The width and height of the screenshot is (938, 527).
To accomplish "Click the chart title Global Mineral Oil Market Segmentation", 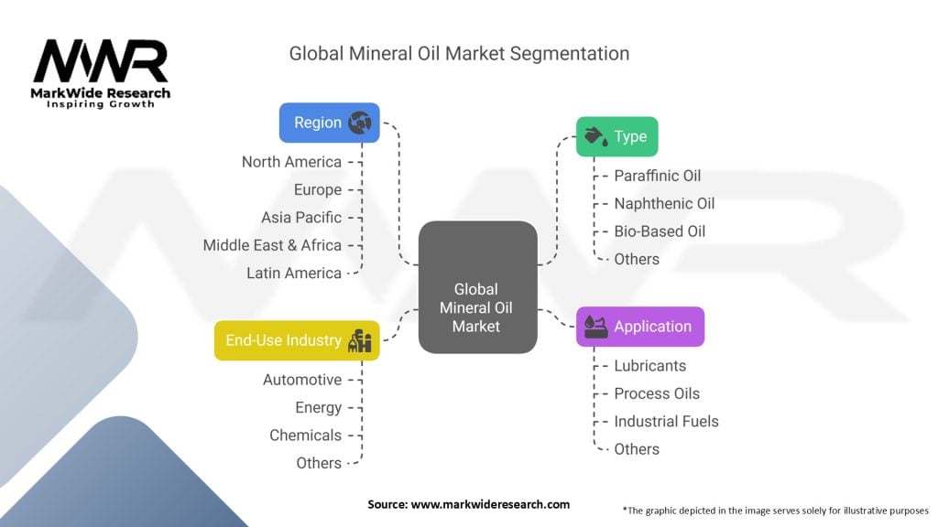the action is (x=459, y=53).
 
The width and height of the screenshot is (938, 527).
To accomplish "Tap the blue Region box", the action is (x=329, y=123).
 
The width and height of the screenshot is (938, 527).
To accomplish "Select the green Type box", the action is (x=616, y=136).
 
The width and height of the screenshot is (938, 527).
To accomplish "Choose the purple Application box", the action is (x=639, y=327).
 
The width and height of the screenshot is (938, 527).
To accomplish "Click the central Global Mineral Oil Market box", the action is (x=476, y=287).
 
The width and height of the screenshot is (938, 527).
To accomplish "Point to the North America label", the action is (x=291, y=162).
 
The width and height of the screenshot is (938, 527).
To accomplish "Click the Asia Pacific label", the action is (x=300, y=218).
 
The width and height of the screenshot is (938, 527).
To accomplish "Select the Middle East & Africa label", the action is (x=272, y=245).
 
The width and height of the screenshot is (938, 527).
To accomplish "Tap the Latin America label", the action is (x=293, y=273).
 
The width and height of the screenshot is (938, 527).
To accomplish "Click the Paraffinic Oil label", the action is (x=657, y=176).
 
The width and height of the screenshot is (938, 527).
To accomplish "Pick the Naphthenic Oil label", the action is (x=664, y=203).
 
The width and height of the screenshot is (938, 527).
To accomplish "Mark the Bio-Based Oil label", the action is (x=660, y=231).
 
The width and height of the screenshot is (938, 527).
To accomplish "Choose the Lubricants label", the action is (x=649, y=366).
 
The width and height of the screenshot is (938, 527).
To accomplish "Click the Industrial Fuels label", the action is (x=666, y=422).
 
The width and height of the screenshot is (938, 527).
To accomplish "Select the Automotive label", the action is (x=301, y=380).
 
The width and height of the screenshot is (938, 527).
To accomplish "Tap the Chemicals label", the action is (x=305, y=436).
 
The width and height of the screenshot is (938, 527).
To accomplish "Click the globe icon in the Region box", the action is (x=360, y=123).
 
